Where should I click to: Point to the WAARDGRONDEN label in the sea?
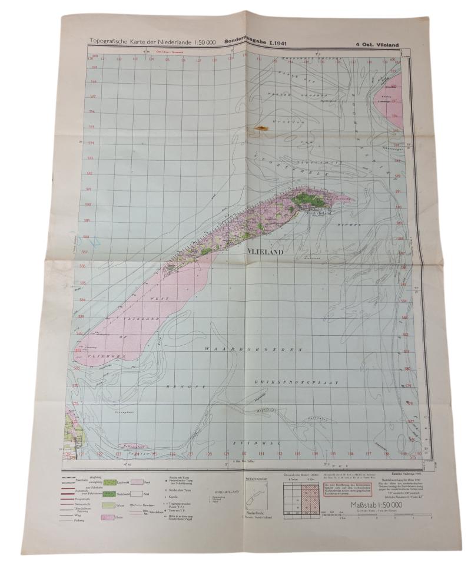point(254,349)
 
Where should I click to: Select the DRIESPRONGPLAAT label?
point(296,382)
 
